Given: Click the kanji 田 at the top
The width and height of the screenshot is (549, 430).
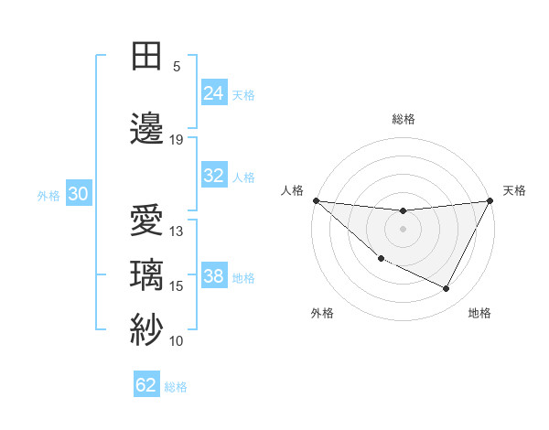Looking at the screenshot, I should click(147, 56).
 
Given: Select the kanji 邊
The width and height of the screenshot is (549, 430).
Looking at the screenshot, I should click(147, 129).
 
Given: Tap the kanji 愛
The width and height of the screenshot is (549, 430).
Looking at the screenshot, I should click(147, 221).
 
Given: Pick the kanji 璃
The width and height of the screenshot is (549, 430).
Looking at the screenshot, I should click(147, 275).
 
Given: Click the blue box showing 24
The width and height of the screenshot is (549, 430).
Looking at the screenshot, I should click(213, 92).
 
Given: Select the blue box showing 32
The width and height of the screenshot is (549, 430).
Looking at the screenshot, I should click(213, 176).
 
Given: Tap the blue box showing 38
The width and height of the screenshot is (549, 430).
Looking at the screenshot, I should click(213, 276).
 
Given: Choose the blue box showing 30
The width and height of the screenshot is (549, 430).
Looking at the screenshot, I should click(78, 194).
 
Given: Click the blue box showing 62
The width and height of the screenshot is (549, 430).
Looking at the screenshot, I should click(146, 385).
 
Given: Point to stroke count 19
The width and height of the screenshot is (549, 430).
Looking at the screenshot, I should click(177, 140).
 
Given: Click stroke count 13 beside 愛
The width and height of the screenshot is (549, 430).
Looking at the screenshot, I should click(177, 231).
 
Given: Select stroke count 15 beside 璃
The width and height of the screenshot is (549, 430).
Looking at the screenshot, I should click(177, 286).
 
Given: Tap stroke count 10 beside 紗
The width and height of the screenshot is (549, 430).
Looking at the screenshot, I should click(177, 341).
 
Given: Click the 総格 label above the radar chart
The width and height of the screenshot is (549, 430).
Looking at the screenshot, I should click(403, 119).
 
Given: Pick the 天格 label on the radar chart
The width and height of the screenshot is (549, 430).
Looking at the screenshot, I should click(514, 190).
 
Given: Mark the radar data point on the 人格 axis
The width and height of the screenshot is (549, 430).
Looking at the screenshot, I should click(316, 200).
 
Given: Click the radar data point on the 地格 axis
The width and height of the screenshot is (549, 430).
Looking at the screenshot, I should click(447, 289).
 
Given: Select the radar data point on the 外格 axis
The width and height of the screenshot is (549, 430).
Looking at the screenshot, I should click(381, 258).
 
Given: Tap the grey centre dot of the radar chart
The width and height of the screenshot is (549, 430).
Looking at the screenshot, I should click(403, 229).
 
